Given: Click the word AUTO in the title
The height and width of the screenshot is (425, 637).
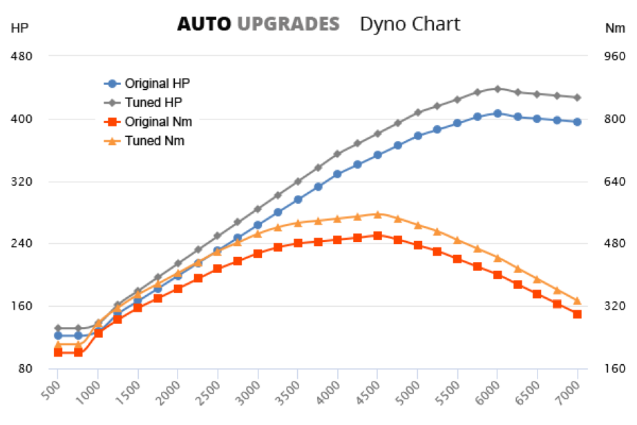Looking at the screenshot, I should click(204, 24).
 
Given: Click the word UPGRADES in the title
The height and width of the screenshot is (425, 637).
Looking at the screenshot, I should click(288, 24).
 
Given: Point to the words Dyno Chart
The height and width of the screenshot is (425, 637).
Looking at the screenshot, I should click(410, 24).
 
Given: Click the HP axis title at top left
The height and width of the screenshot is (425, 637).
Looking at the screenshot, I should click(19, 28).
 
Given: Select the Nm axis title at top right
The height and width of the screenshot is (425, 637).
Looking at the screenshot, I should click(614, 28).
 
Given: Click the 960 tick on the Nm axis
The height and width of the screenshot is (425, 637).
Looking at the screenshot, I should click(614, 56).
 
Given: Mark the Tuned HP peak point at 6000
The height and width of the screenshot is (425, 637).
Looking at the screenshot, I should click(497, 88).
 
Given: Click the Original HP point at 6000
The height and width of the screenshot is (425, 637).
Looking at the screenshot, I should click(497, 113).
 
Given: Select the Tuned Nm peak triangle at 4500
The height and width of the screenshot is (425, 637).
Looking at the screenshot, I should click(377, 214).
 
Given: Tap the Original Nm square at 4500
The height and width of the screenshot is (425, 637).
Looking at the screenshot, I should click(377, 236).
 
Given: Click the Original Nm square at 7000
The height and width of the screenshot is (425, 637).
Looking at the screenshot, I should click(577, 314).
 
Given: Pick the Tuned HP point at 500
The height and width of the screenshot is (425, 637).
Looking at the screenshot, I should click(58, 328).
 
